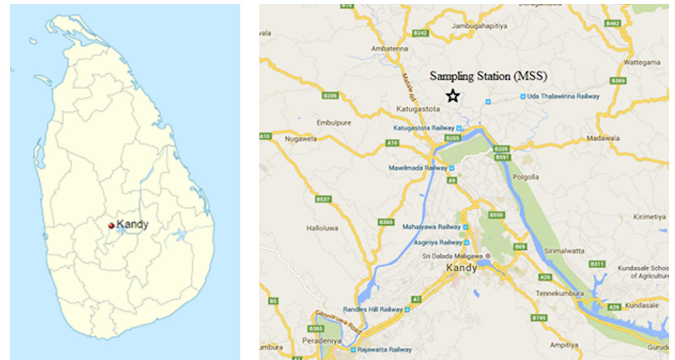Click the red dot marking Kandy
point(111,226)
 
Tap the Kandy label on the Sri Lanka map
point(132,225)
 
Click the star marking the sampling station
point(453,96)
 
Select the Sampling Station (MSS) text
point(488,76)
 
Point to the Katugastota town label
point(418,109)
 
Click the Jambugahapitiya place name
point(479,26)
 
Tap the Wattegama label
point(642,63)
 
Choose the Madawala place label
point(603,138)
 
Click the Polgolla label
point(526,177)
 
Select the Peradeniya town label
point(321,341)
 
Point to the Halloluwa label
point(322,228)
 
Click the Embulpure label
point(334,123)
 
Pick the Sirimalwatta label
point(564,251)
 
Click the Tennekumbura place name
point(560,294)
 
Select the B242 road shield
point(420,33)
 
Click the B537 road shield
point(323,199)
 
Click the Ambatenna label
point(389,49)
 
